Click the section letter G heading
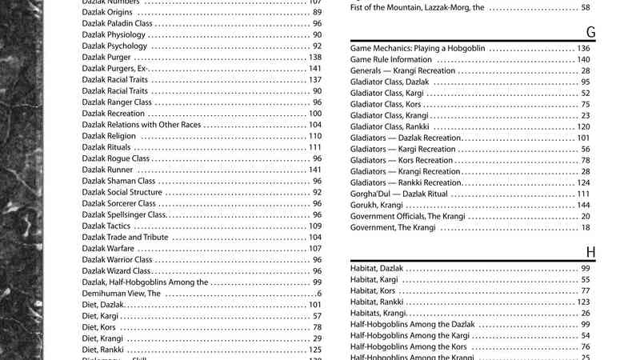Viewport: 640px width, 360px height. [x=590, y=32]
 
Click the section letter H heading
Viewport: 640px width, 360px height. [x=590, y=253]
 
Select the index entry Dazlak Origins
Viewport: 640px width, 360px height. [x=108, y=13]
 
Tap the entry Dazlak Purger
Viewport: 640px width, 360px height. [x=107, y=58]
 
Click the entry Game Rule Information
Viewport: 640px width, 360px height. [x=391, y=59]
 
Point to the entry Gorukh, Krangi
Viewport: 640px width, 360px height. [x=377, y=205]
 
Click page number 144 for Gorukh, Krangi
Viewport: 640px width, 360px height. [x=583, y=205]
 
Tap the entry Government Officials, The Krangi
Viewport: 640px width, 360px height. [x=407, y=216]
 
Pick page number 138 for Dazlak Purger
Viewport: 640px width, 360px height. [x=314, y=58]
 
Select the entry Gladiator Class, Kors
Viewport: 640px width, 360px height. [x=386, y=104]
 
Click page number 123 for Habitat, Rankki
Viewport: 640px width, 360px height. [x=583, y=302]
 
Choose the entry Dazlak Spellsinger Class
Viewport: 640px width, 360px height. [x=123, y=215]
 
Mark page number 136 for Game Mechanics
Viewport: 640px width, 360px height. [x=583, y=48]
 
